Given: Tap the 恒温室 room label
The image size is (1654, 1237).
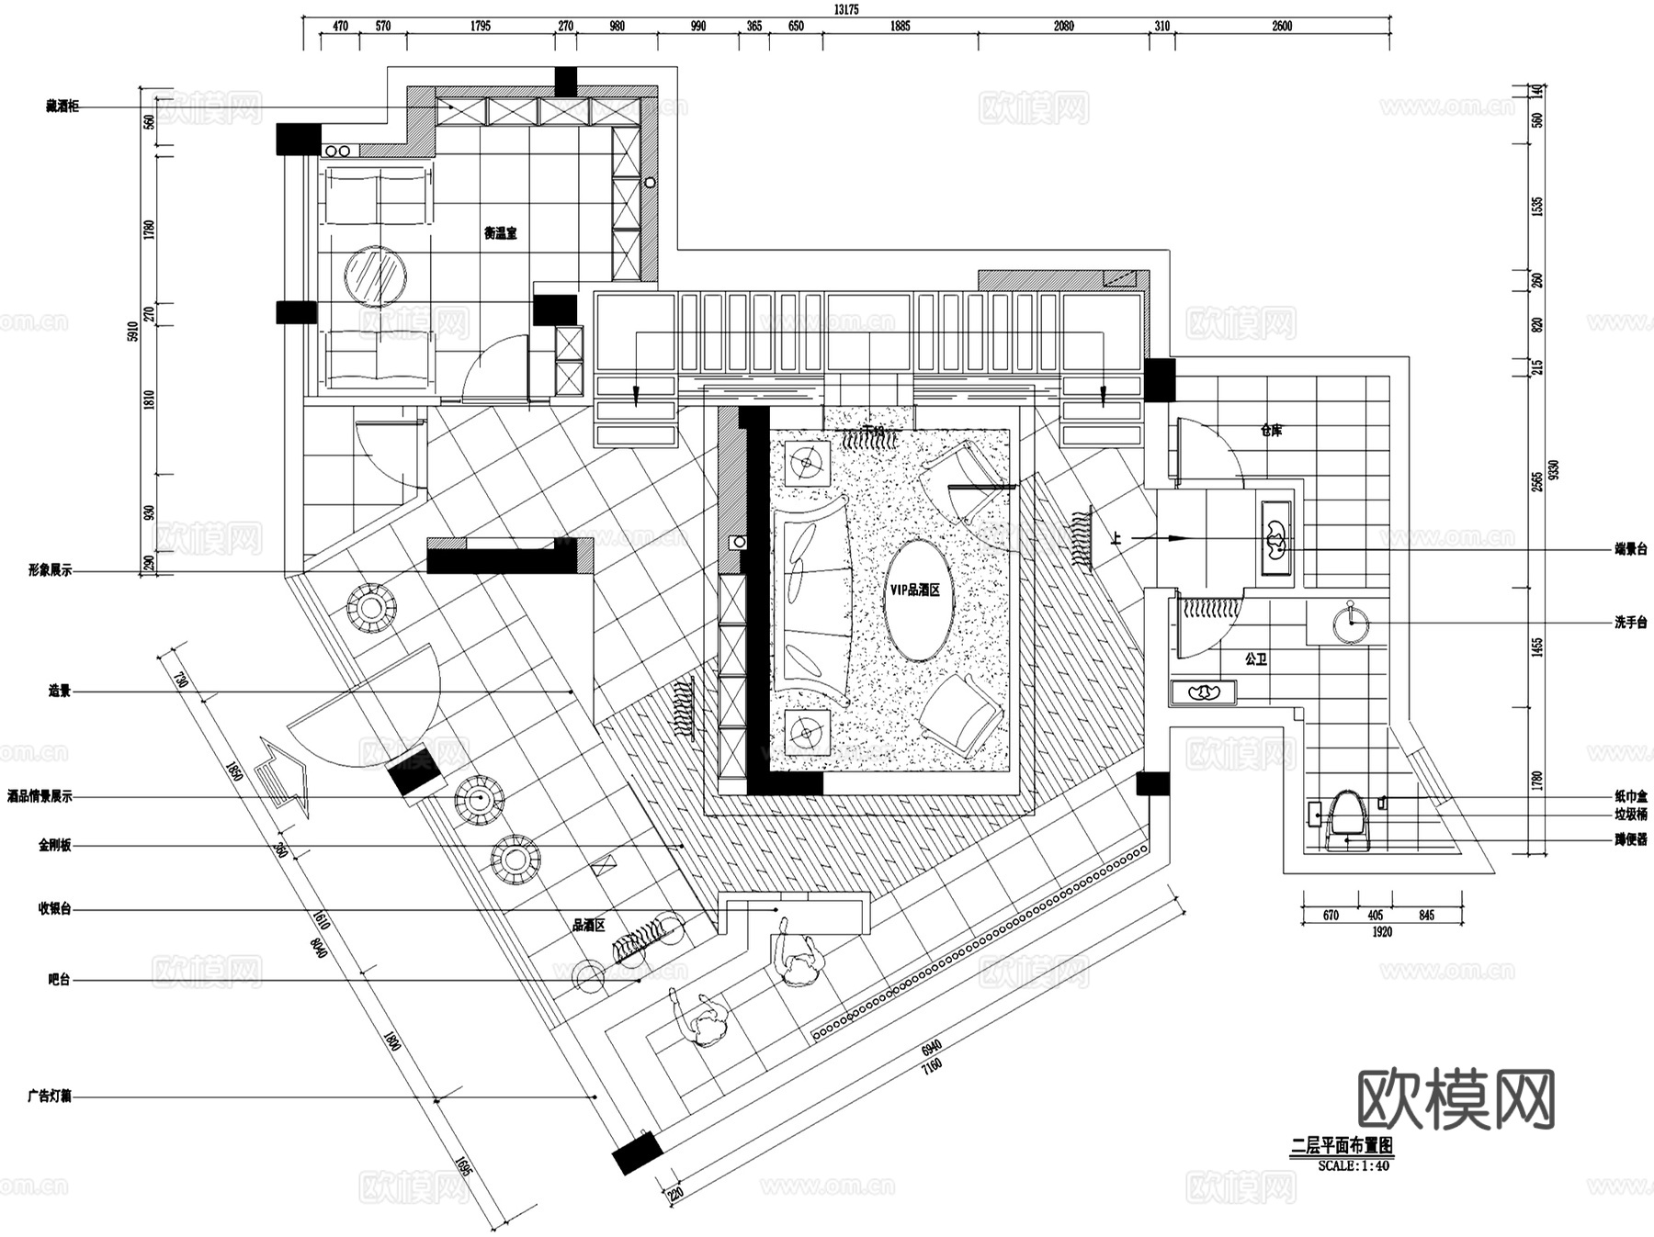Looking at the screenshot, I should tap(501, 233).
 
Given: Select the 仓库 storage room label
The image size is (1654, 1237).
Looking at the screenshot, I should tap(1271, 430).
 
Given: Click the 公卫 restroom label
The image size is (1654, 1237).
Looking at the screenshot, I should tap(1256, 659).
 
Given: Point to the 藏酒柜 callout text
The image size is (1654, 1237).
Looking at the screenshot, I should tap(62, 107).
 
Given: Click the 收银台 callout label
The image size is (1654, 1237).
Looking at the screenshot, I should tap(54, 909).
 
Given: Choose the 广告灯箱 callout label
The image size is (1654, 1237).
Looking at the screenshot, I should tap(50, 1096).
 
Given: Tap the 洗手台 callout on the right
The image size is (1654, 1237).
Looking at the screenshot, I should tap(1630, 623).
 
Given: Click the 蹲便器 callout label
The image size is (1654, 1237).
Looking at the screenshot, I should tap(1630, 838).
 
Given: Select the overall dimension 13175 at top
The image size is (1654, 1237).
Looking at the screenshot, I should tap(845, 9).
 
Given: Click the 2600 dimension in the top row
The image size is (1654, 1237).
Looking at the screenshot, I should tap(1282, 27).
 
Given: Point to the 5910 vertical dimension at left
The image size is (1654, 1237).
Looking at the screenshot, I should tap(132, 331).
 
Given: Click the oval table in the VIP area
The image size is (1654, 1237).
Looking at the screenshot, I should tap(919, 600).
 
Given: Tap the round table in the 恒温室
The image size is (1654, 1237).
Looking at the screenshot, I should tap(376, 276).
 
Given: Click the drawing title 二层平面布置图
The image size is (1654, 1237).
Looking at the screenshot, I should tap(1342, 1145).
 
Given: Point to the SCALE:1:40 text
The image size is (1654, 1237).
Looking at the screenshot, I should tap(1354, 1165).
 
